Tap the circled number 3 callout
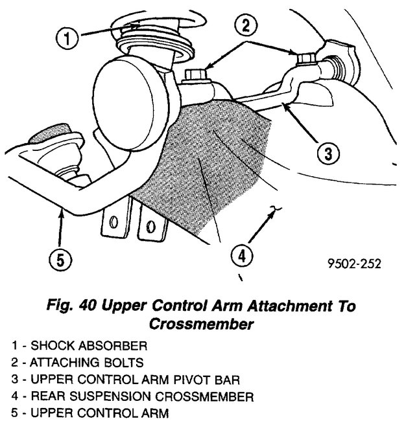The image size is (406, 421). click(x=328, y=154)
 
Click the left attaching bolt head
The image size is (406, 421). click(x=195, y=77)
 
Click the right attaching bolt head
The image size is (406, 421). click(x=306, y=59)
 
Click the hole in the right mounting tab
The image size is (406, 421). click(x=152, y=226)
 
